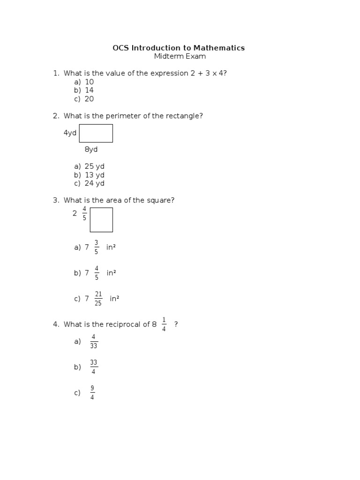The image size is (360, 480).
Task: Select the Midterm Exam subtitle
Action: [180, 57]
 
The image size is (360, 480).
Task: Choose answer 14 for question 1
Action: [89, 90]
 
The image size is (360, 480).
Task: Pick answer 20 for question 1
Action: [89, 99]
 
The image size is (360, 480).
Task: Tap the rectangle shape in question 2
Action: [96, 133]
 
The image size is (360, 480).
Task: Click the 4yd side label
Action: [70, 133]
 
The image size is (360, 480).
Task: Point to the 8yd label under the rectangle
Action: [91, 150]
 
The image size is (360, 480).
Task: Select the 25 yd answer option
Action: [94, 166]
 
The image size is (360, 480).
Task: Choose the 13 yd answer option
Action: [94, 175]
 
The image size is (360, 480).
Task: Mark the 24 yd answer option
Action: [94, 183]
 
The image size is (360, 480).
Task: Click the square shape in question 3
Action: [101, 220]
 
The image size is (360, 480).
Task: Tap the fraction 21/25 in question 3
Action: [98, 299]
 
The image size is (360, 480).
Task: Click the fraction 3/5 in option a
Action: [96, 247]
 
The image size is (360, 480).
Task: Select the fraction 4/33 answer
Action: [94, 341]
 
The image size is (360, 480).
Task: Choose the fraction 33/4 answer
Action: [94, 367]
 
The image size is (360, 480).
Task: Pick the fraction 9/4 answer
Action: [92, 393]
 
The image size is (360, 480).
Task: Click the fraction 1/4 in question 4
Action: [164, 324]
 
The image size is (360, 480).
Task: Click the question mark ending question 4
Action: [176, 324]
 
